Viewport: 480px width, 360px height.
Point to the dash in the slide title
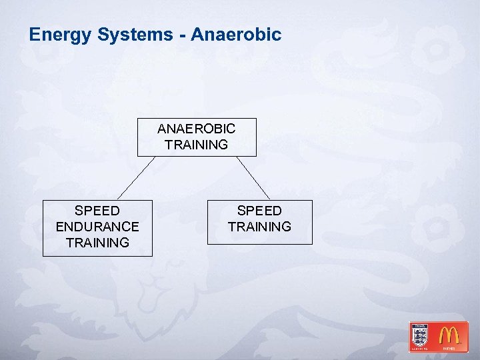pos(181,35)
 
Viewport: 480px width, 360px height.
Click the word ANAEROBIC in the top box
pos(196,128)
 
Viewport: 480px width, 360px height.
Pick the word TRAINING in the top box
pos(196,145)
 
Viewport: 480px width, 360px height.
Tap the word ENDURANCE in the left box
pos(97,227)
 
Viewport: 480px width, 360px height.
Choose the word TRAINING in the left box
pos(97,243)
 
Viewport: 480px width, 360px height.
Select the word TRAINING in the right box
pos(259,227)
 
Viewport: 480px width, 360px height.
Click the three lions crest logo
pos(420,334)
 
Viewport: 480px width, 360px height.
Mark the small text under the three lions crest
pos(420,347)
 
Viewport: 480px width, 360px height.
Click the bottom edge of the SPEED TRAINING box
pos(259,244)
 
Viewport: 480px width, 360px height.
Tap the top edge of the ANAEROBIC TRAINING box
pos(196,119)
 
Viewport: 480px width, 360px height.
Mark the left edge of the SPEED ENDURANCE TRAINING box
pos(43,227)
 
